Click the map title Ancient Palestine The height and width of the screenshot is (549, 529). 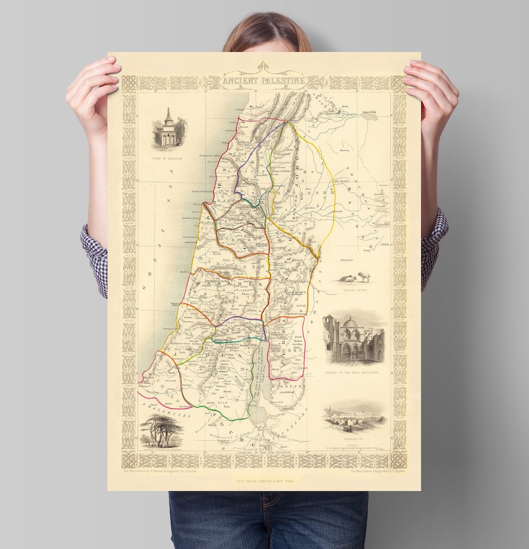[264, 80]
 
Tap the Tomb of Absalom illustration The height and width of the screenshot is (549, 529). [169, 130]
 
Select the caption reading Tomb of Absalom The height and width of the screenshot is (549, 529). [168, 159]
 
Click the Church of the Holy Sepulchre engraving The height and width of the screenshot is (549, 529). [354, 340]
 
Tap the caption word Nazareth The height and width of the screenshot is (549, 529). [354, 440]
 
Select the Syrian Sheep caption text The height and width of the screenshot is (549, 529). [356, 290]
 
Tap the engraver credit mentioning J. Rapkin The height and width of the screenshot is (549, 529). [378, 471]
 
